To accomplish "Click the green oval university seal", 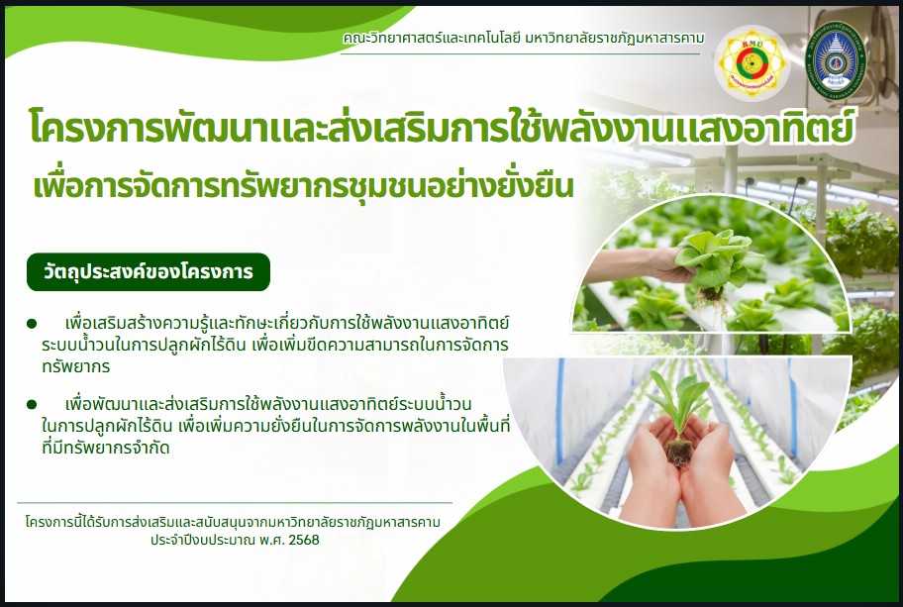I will coord(840,58).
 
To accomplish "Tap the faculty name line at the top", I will coord(523,37).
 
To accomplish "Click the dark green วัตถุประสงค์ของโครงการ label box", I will coord(148,271).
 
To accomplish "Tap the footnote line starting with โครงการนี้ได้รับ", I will coord(233,521).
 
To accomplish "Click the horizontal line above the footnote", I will coord(238,503).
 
